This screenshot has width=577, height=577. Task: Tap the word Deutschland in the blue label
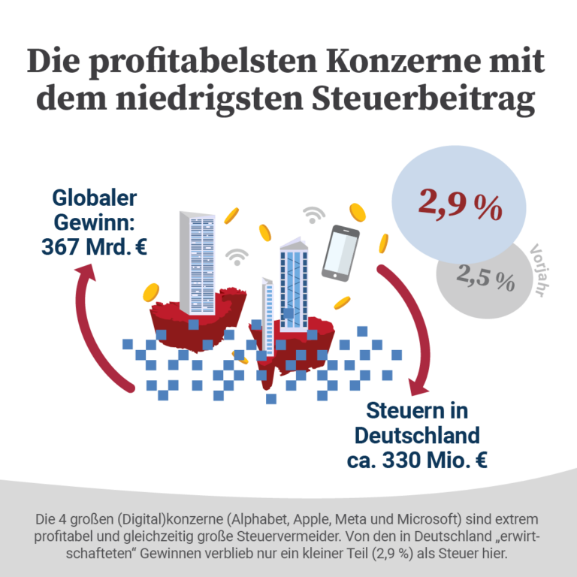pyautogui.click(x=417, y=435)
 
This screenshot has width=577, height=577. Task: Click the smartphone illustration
pyautogui.click(x=340, y=253)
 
